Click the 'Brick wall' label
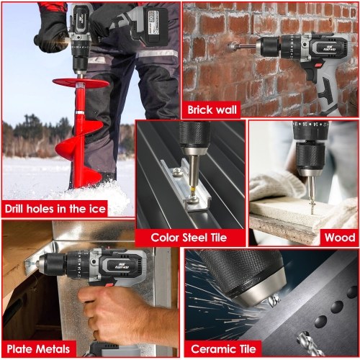tap(212, 110)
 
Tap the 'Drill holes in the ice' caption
tap(55, 209)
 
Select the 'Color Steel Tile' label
tap(189, 238)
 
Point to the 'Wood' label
tap(340, 238)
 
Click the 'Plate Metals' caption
tap(38, 349)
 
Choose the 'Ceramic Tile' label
tap(223, 349)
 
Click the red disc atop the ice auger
tap(81, 83)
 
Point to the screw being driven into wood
tap(312, 207)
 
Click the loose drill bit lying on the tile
tap(310, 343)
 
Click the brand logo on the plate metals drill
tap(122, 266)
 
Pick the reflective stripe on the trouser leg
tap(157, 53)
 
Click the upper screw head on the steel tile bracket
tap(177, 171)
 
